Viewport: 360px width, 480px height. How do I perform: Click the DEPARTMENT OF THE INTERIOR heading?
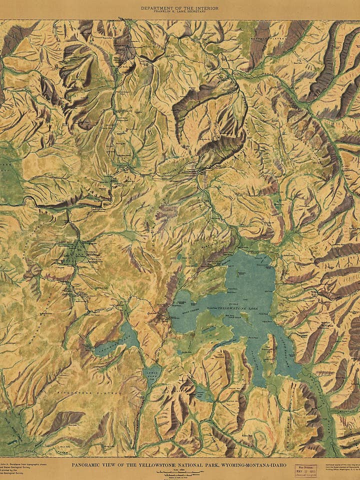click(x=180, y=8)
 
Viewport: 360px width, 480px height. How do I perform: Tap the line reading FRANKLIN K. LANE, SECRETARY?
click(x=180, y=12)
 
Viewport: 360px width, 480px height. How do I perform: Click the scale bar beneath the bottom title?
click(x=178, y=472)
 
